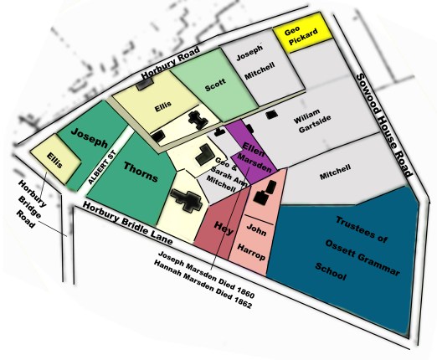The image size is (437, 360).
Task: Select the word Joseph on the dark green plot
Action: [89, 134]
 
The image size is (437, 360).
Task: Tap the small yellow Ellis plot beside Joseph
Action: [54, 158]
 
